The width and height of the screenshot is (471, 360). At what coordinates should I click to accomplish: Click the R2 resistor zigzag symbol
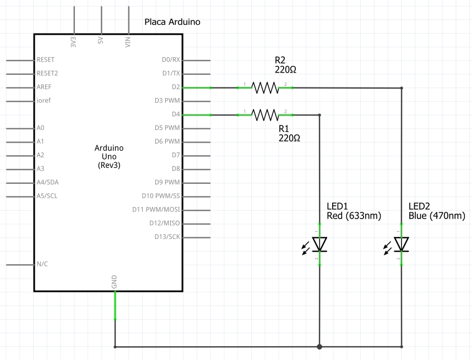point(265,88)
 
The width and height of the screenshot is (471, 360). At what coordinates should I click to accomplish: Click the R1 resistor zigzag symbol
point(265,114)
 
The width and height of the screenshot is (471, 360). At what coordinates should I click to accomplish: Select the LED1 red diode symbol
point(320,244)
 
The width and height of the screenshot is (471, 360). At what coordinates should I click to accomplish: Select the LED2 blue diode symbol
point(401,244)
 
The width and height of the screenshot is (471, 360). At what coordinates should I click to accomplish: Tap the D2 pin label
point(176,87)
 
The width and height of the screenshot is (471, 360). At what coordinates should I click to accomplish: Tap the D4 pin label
point(176,114)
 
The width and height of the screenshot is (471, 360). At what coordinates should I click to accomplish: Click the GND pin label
point(114,282)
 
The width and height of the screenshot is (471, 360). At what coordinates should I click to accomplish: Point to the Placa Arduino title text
point(172,22)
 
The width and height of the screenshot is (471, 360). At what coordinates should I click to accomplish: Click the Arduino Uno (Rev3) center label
point(109,156)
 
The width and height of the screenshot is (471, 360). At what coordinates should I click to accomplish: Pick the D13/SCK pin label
point(167,237)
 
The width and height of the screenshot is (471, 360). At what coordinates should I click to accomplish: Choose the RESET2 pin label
point(47,73)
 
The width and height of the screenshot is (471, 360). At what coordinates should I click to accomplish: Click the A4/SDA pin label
point(47,182)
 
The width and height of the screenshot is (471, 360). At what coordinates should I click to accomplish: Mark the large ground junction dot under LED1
point(320,347)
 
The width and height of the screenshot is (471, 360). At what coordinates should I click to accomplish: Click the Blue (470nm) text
point(437,216)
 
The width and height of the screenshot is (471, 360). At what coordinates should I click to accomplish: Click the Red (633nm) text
point(354,216)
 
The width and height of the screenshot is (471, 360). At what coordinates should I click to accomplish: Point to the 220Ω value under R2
point(285,70)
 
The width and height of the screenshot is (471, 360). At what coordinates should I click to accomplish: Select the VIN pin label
point(128,42)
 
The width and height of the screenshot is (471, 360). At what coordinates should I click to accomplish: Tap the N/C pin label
point(42,264)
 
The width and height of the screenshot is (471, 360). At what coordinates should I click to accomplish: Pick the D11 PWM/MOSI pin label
point(156,209)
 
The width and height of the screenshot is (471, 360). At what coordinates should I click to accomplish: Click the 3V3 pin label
point(73,42)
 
